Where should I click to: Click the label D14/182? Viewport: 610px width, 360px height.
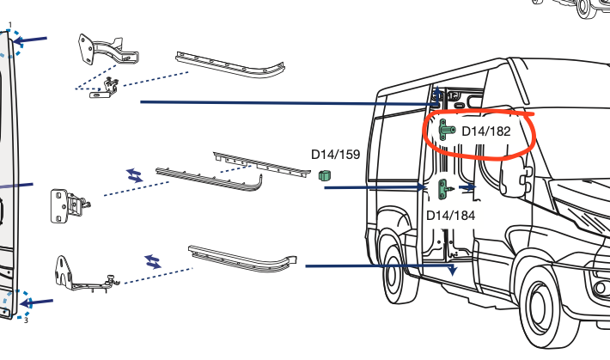(486, 131)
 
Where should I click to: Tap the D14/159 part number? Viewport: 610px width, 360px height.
(334, 155)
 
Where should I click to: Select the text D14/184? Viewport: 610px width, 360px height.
(451, 215)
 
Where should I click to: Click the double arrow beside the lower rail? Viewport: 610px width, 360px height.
(153, 260)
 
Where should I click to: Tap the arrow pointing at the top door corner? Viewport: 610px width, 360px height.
(32, 40)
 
